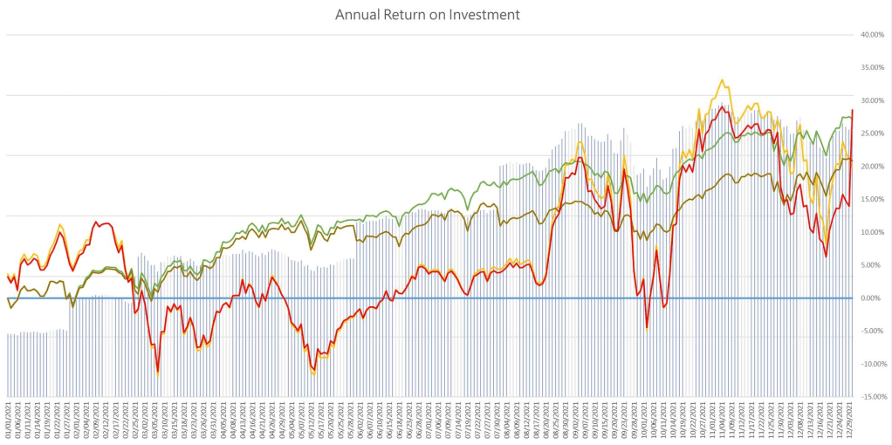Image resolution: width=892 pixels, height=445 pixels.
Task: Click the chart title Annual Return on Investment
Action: coord(428,15)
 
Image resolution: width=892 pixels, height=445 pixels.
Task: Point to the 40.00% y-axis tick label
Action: coord(873,35)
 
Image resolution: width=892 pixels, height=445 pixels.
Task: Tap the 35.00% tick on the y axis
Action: coord(873,68)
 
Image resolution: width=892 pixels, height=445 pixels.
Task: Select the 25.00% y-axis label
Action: coord(873,133)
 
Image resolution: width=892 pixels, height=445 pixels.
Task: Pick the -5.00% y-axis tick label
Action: coord(873,331)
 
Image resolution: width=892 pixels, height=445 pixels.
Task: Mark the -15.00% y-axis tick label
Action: coord(873,397)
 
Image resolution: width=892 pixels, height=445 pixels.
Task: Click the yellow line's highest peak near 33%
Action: coord(722,80)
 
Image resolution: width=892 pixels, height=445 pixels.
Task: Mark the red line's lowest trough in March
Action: coord(158,373)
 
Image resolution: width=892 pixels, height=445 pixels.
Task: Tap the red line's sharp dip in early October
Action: coord(647,327)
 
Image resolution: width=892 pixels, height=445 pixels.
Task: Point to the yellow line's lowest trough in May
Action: coord(313,374)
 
